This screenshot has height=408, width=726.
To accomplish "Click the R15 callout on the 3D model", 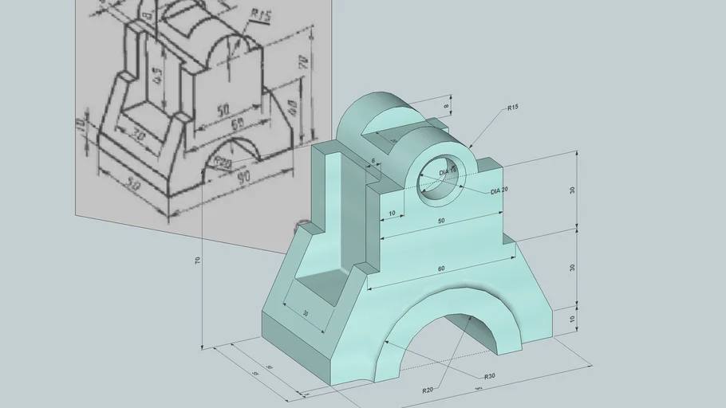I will click(512, 107).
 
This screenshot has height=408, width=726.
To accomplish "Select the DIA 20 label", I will click(499, 191).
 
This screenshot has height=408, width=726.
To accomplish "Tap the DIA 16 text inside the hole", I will click(448, 171).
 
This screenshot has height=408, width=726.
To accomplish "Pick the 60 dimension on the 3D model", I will click(441, 269).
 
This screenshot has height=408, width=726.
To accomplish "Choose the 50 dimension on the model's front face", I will click(441, 220).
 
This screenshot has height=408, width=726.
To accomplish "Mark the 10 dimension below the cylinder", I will click(390, 214).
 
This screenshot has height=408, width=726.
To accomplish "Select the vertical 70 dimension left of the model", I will click(197, 261).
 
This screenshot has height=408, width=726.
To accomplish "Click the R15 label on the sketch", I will click(259, 14).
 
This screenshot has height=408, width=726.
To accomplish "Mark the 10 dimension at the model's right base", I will click(572, 320).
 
